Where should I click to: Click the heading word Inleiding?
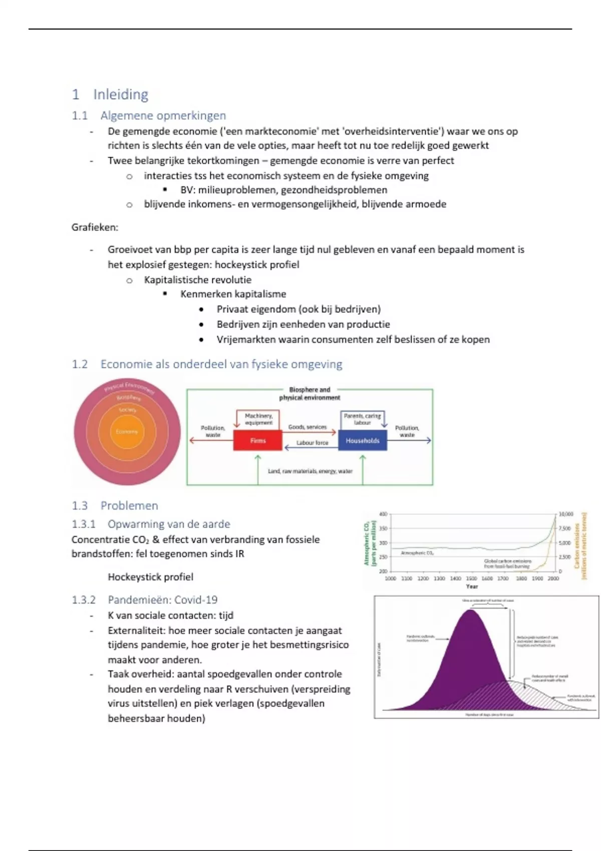tap(121, 95)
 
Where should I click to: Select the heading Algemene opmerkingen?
tap(163, 116)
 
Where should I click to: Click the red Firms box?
tap(258, 441)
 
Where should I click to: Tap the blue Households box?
tap(363, 441)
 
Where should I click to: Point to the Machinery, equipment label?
tap(258, 419)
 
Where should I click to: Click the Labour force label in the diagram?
tap(312, 443)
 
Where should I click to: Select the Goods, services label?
tap(307, 427)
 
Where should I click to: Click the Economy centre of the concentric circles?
tap(127, 432)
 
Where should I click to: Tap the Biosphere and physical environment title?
tap(310, 393)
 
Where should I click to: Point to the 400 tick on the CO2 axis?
tap(383, 514)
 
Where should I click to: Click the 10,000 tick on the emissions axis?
tap(566, 514)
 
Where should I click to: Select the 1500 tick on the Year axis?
tap(471, 579)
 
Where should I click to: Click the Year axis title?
tap(472, 586)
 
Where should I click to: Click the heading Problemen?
tap(129, 506)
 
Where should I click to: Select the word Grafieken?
tap(95, 227)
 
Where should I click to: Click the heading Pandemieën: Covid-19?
tap(163, 600)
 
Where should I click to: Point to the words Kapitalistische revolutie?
tap(198, 280)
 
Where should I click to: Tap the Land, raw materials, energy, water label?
tap(310, 471)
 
